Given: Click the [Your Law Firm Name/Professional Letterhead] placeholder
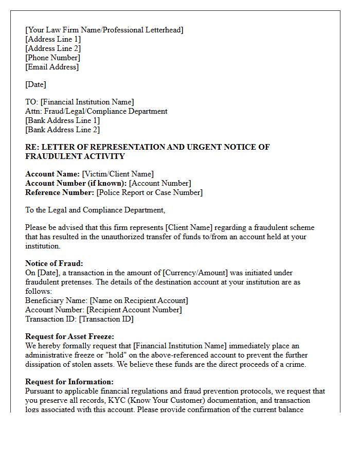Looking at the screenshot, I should point(104,30).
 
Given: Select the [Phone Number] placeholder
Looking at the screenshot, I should point(52,58).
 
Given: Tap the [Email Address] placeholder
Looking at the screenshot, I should point(52,67).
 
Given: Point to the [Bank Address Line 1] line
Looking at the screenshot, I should point(63,120).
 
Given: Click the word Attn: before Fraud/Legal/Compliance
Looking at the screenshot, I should point(33,111).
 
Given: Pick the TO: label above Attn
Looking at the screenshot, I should point(31,102).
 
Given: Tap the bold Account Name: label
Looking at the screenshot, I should point(52,174).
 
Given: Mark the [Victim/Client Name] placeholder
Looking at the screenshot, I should point(118,174).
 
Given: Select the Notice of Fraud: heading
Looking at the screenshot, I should point(54,263).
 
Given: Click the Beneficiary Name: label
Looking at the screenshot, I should point(56,300).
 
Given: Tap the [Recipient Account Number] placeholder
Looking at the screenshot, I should point(134,310).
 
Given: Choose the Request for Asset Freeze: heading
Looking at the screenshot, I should point(69,336).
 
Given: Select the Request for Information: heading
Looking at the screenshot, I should point(69,382).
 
